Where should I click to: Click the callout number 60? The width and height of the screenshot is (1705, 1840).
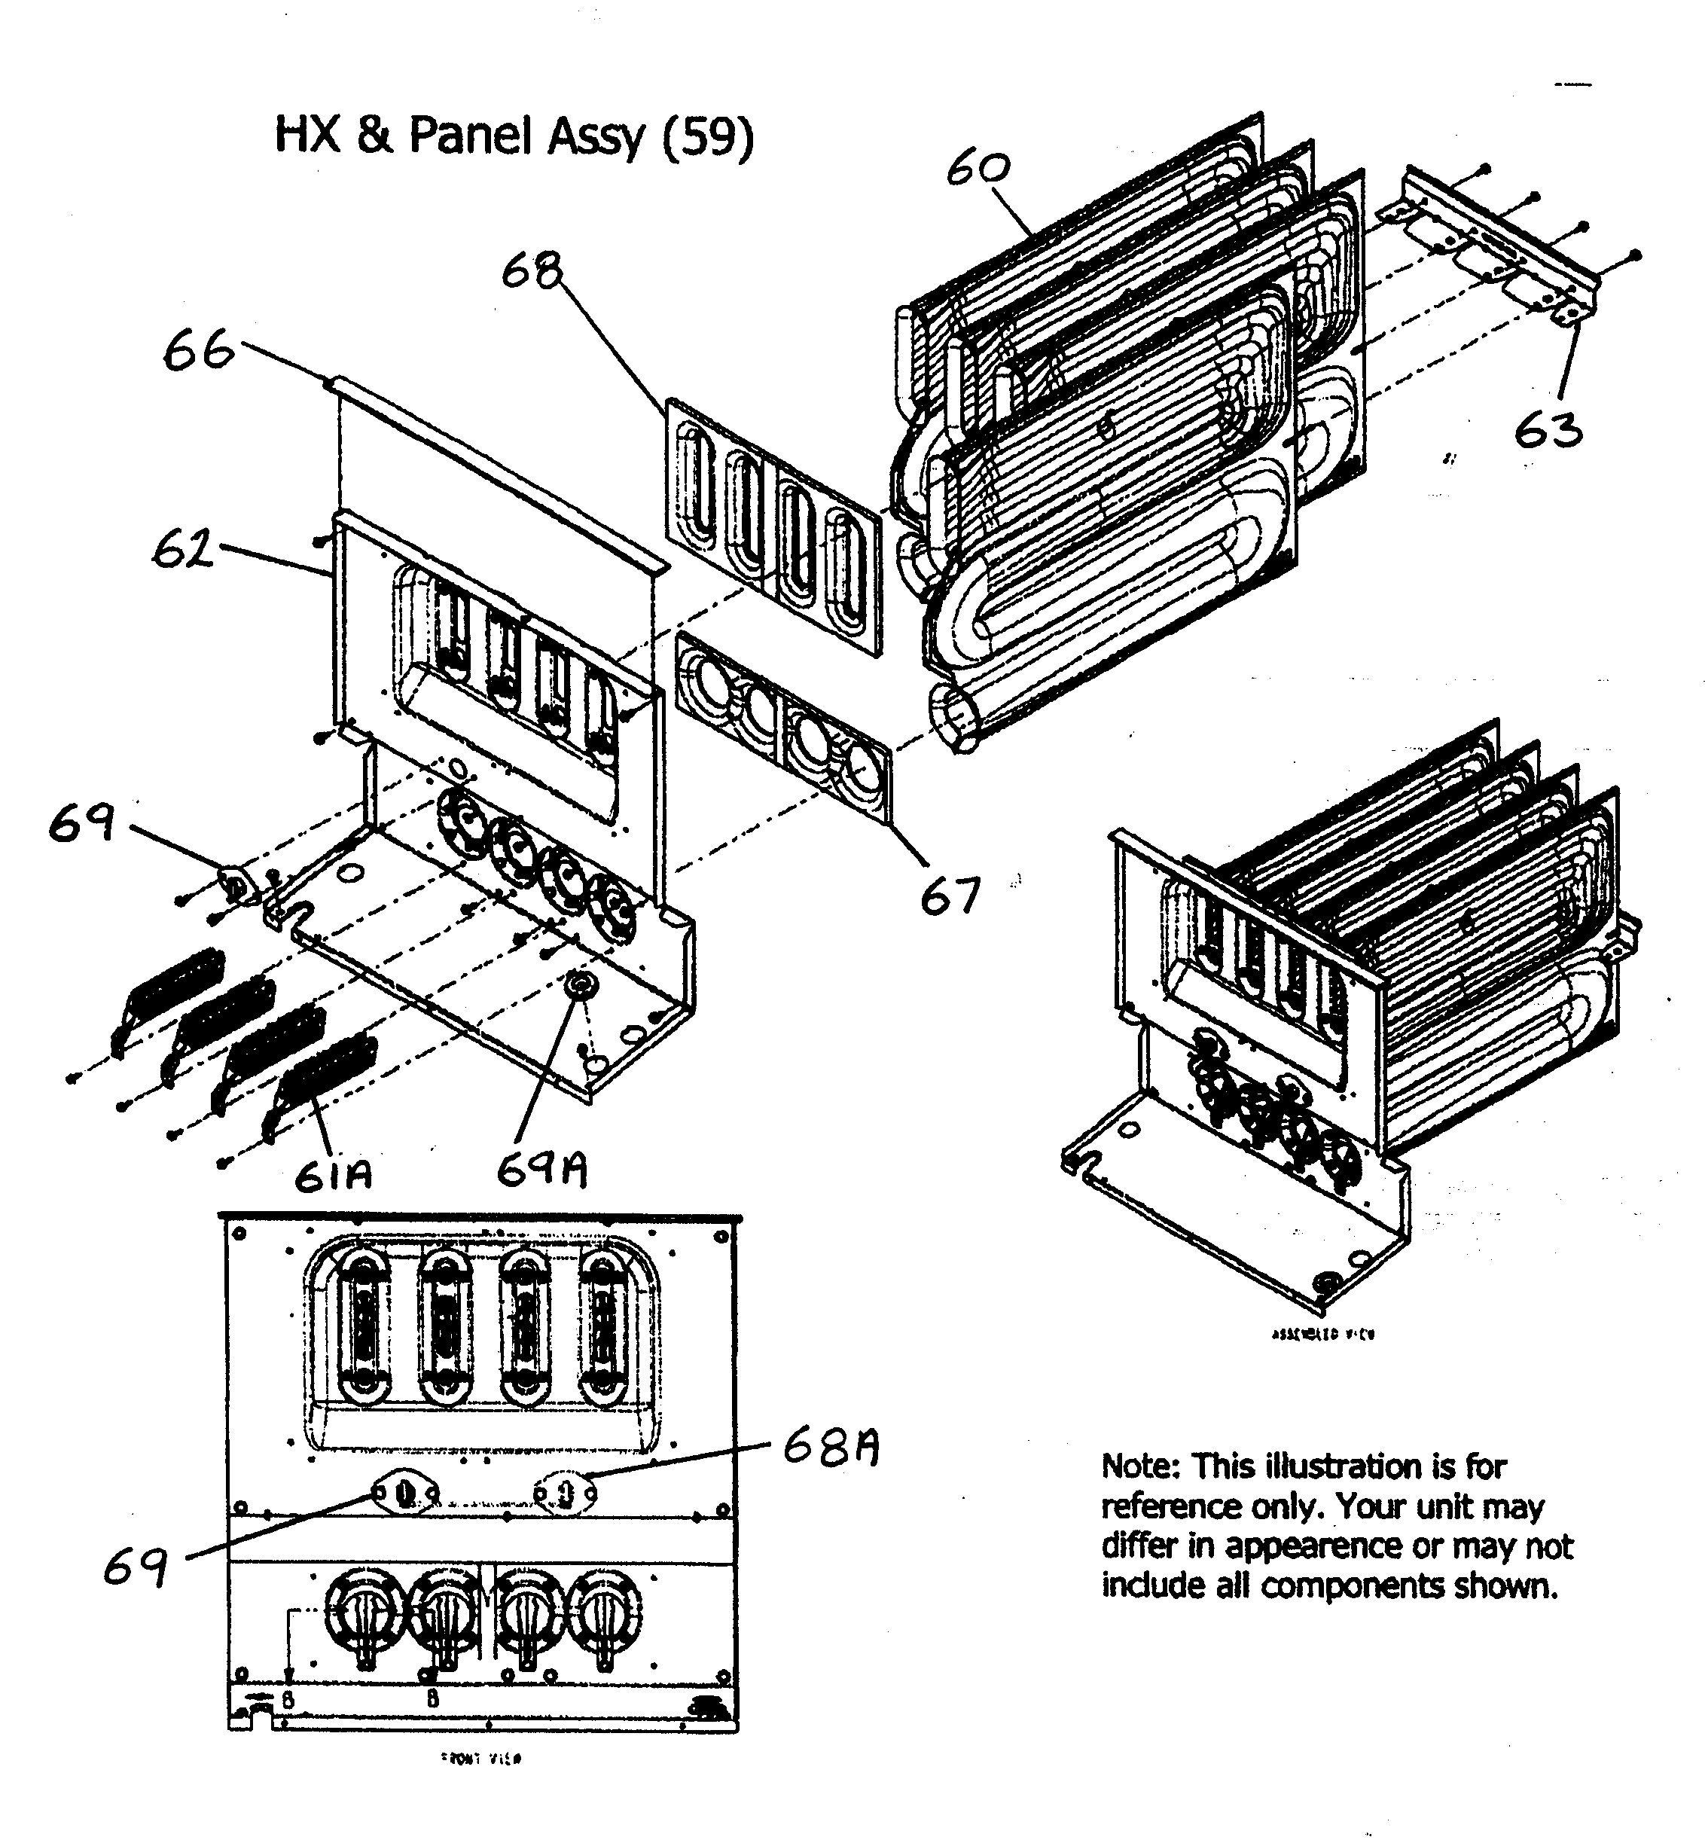click(978, 169)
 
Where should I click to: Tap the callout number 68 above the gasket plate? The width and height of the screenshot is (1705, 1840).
click(532, 271)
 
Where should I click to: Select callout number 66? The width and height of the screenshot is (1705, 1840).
click(198, 352)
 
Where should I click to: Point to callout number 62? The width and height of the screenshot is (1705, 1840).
click(181, 550)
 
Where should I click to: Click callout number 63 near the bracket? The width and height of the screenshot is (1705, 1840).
click(1548, 430)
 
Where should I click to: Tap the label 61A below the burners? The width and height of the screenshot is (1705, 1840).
click(333, 1175)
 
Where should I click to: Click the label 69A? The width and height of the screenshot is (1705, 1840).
click(541, 1170)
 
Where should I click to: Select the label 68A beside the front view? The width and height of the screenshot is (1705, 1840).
click(831, 1447)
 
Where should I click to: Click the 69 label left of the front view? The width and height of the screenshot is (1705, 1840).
click(135, 1567)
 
